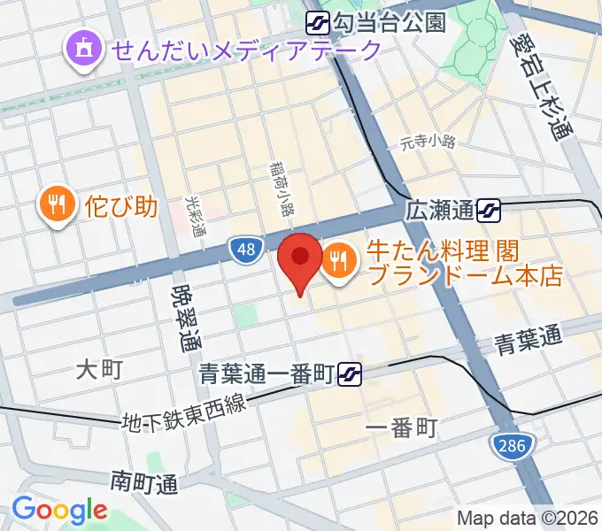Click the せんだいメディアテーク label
click(x=245, y=50)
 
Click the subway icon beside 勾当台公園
click(x=318, y=21)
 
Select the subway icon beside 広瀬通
click(x=488, y=211)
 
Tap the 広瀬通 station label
click(x=439, y=211)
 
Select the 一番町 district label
click(x=401, y=429)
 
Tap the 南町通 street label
click(x=144, y=482)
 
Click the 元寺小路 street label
click(x=427, y=141)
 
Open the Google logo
click(x=58, y=510)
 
